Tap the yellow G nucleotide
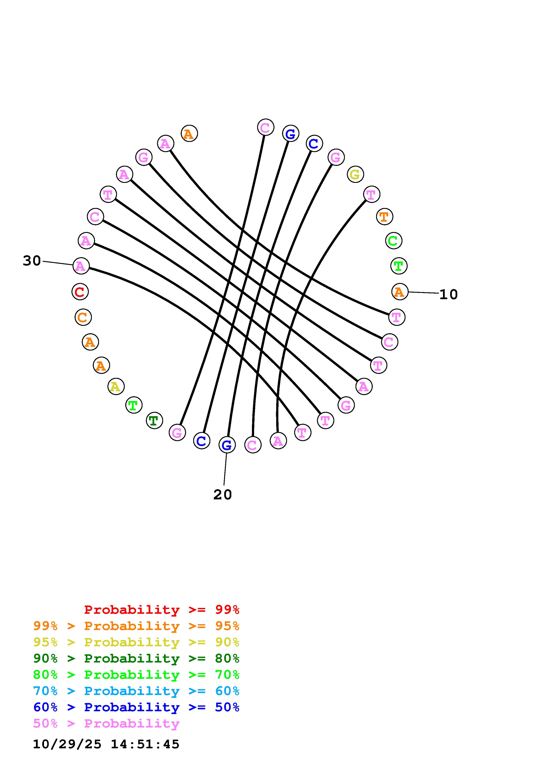pyautogui.click(x=355, y=174)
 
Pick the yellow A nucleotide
pyautogui.click(x=116, y=386)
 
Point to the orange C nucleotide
pyautogui.click(x=83, y=317)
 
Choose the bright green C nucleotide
pyautogui.click(x=393, y=241)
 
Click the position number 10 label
pyautogui.click(x=448, y=294)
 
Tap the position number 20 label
pyautogui.click(x=222, y=495)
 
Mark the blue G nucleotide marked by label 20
pyautogui.click(x=227, y=445)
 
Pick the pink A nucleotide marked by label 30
pyautogui.click(x=81, y=266)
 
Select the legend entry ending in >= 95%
pyautogui.click(x=136, y=626)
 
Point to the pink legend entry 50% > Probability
pyautogui.click(x=106, y=723)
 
